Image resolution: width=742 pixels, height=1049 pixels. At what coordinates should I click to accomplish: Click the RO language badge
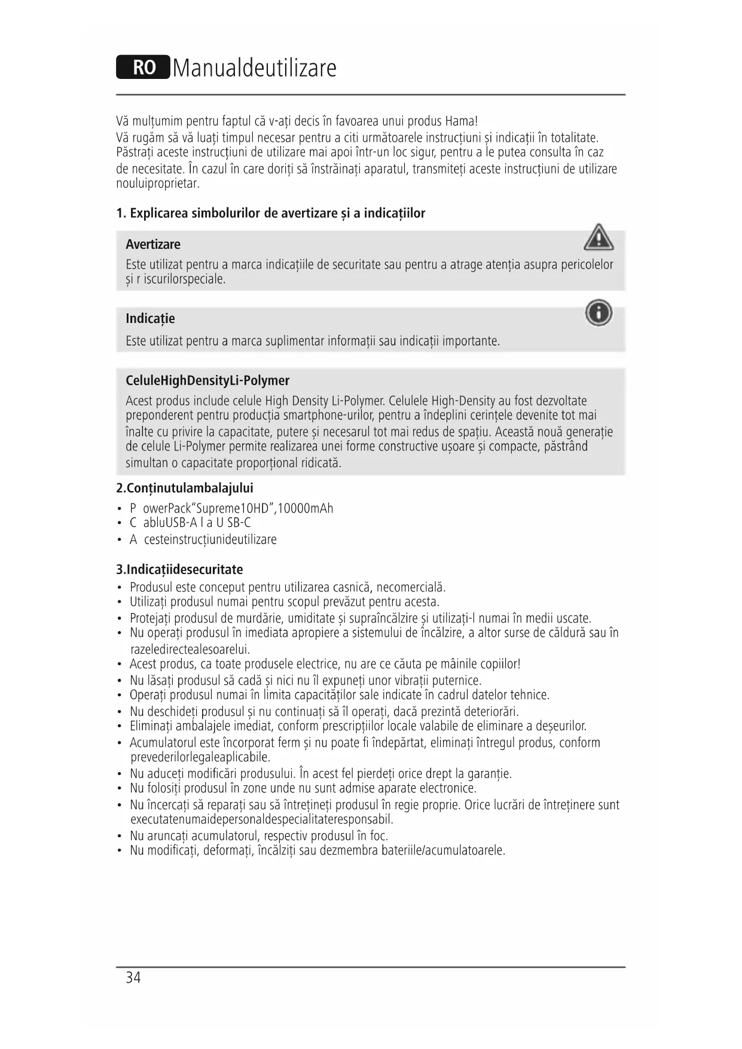click(143, 68)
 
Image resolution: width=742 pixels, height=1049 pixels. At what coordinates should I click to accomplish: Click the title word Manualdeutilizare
click(255, 68)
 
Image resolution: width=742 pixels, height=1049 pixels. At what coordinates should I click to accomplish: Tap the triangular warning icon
click(598, 237)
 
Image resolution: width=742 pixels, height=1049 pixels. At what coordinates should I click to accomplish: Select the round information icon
click(599, 313)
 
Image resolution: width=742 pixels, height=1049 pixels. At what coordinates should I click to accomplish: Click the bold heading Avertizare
click(153, 245)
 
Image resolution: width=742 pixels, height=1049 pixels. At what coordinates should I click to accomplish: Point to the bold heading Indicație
click(150, 319)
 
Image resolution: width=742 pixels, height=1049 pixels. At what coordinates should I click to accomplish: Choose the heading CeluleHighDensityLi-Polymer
click(207, 381)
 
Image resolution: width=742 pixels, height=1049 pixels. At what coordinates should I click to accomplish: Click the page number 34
click(133, 978)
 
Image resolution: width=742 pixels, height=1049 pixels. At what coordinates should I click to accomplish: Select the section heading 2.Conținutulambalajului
click(185, 488)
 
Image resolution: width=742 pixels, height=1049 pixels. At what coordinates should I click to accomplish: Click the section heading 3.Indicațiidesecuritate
click(179, 569)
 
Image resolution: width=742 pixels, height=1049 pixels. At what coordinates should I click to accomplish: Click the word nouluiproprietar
click(157, 184)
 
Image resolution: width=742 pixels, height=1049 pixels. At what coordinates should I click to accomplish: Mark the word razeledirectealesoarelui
click(190, 649)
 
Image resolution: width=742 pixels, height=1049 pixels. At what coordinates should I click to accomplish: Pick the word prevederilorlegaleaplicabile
click(200, 758)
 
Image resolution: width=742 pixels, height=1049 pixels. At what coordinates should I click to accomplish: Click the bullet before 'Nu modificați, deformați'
click(120, 851)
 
